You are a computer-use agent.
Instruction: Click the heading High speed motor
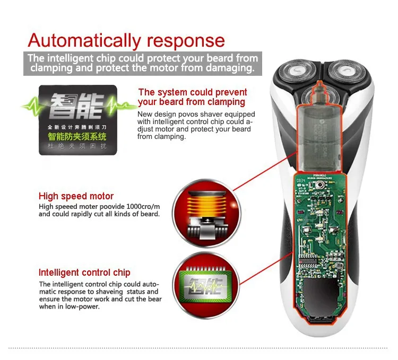tap(76, 196)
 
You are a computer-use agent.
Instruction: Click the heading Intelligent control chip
tap(84, 273)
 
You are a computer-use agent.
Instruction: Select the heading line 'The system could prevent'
tap(192, 92)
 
